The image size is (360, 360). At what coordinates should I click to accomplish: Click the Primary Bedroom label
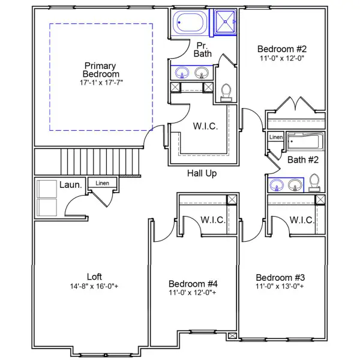tap(100, 70)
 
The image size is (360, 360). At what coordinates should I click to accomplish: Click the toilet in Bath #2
tap(314, 182)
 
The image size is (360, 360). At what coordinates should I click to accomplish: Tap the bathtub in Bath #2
tap(305, 143)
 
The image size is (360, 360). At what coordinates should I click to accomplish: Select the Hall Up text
tap(202, 173)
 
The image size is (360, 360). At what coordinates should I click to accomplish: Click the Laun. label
tap(71, 185)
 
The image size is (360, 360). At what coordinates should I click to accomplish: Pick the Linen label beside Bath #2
tap(275, 137)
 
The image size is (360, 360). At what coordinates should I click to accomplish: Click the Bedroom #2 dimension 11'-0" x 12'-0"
tap(281, 59)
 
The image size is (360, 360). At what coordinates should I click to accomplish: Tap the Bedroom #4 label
tap(193, 284)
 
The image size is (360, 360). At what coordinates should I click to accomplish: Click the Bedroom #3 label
tap(280, 277)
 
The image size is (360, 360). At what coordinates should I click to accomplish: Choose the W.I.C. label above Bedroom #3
tap(301, 220)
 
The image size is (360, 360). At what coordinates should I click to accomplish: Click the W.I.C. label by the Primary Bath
tap(205, 127)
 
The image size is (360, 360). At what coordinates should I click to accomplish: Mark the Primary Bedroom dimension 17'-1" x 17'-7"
tap(100, 82)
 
